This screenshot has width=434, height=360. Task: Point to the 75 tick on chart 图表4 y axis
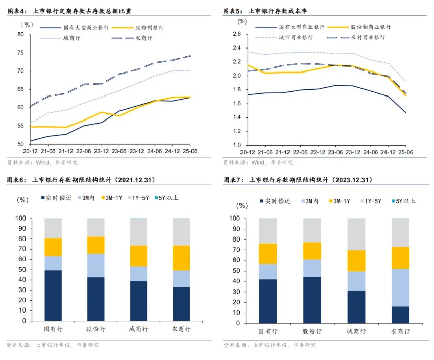21,53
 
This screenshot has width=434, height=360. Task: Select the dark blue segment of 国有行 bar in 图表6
53,296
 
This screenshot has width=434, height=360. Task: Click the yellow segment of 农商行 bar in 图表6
181,258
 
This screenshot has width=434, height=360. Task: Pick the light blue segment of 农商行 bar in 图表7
400,287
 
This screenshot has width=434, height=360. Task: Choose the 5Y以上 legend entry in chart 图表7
403,201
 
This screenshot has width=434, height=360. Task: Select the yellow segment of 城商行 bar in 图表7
356,260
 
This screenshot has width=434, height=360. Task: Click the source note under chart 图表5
258,162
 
